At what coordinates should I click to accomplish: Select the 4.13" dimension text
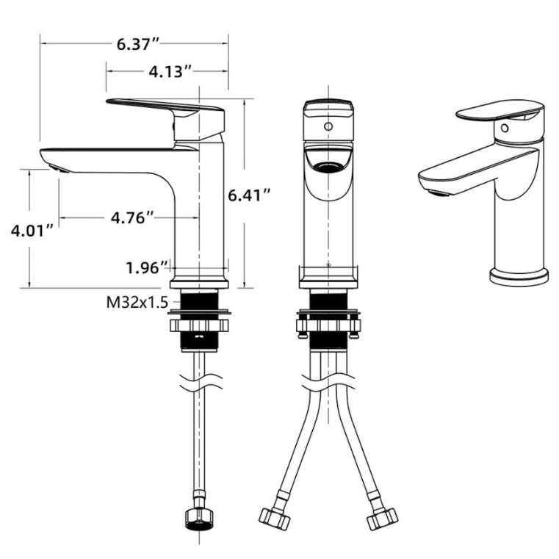tap(170, 71)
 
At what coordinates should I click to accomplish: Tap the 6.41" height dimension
tap(250, 195)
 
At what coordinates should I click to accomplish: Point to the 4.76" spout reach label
tap(132, 217)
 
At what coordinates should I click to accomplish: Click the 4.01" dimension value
tap(32, 231)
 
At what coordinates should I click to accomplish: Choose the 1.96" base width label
tap(147, 267)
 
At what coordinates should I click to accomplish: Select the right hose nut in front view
tap(382, 519)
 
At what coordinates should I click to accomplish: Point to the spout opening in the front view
tap(328, 162)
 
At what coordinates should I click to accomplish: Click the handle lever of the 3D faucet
tap(500, 111)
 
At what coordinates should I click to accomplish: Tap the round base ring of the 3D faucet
tap(519, 278)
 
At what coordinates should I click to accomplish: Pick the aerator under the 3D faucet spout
tap(436, 194)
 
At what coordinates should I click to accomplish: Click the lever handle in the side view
tap(165, 107)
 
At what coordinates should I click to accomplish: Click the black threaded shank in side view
tap(200, 300)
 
